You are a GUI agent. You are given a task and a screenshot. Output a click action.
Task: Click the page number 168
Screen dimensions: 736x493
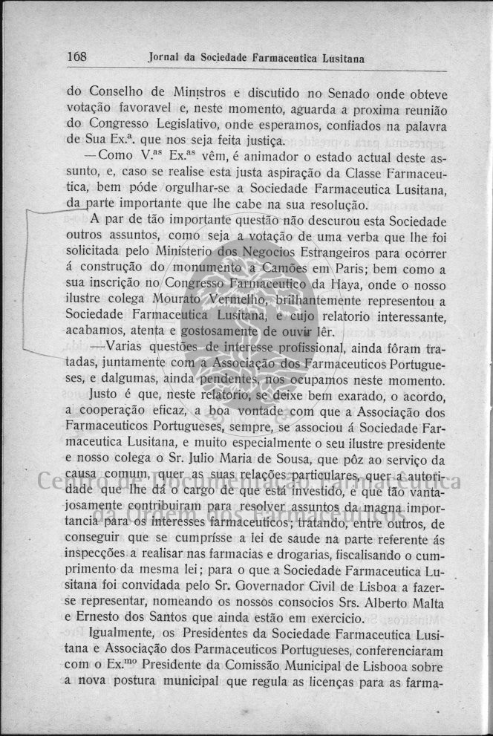[x=77, y=57]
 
